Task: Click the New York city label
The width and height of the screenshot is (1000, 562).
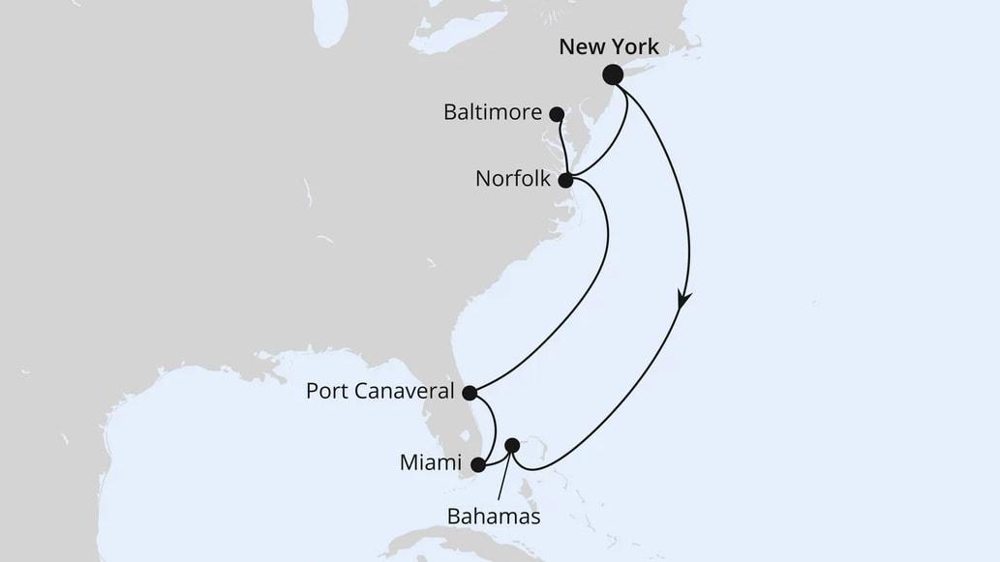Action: pos(608,46)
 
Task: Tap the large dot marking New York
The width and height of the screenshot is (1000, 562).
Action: pos(613,74)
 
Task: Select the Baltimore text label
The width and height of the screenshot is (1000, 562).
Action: pos(493,112)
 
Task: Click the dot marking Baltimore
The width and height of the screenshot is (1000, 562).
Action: pos(557,114)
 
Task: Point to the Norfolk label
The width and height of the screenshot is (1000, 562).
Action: pos(513,179)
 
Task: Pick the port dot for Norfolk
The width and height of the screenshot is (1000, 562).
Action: pos(565,179)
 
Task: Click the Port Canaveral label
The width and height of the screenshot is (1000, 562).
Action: pos(379,392)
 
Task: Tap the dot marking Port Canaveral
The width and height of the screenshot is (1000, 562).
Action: pos(470,393)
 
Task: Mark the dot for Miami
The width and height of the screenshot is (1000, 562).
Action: pos(477,464)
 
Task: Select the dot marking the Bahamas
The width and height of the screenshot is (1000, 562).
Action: pos(512,445)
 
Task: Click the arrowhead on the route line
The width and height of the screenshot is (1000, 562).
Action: pos(684,301)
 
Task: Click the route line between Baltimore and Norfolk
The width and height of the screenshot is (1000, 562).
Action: pos(561,147)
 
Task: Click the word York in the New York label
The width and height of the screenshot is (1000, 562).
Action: pos(634,46)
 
